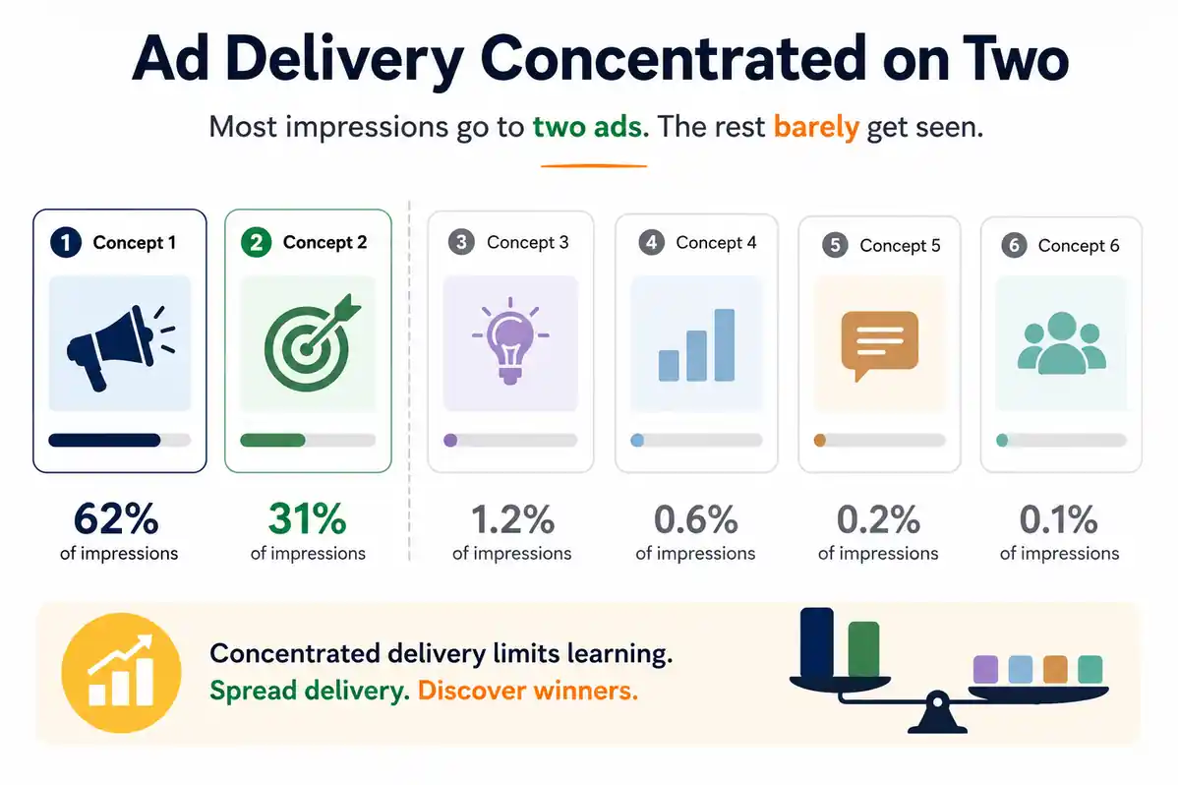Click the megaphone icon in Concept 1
point(120,347)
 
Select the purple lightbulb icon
point(510,340)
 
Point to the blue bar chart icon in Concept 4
point(696,345)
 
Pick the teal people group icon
point(1062,343)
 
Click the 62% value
point(116,518)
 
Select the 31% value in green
point(307,518)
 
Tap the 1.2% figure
point(512,519)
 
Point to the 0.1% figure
point(1059,519)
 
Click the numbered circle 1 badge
point(66,242)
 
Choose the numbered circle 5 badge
point(835,245)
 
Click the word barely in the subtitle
point(816,126)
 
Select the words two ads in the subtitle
point(591,126)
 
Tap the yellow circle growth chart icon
point(121,673)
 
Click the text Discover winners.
point(527,691)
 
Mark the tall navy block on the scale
point(817,642)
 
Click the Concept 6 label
point(1078,246)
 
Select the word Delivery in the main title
point(344,59)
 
